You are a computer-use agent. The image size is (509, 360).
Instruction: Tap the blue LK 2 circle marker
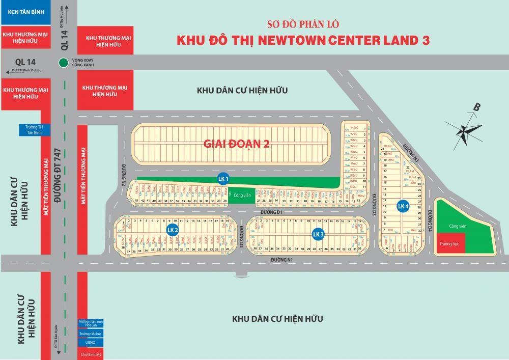tap(173, 230)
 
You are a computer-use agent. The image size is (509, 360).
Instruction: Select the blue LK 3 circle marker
tap(318, 234)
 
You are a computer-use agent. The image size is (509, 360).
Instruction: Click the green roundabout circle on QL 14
tap(63, 63)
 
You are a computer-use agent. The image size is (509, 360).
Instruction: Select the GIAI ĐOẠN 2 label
tap(236, 144)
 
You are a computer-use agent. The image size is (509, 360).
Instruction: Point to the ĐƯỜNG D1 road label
tap(271, 211)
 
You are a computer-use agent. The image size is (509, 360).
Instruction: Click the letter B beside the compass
tap(477, 107)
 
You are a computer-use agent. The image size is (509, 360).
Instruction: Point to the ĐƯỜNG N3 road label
tap(410, 153)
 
